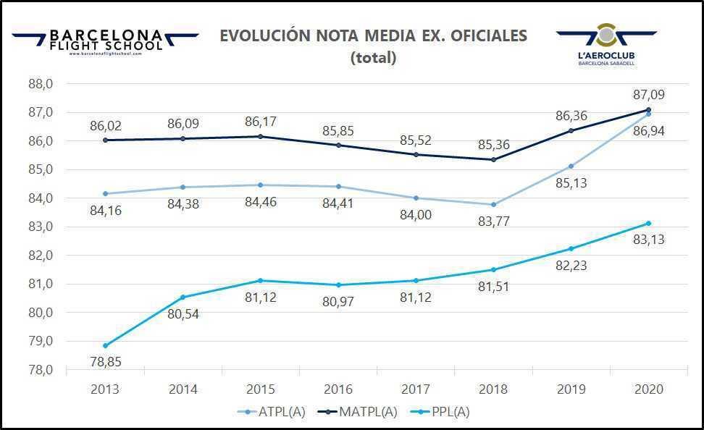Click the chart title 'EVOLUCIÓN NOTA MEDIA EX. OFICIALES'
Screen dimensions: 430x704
(x=374, y=36)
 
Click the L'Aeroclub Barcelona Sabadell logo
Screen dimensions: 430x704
(x=606, y=45)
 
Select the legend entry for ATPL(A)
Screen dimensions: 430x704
(x=272, y=412)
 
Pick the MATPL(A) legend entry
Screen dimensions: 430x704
(x=361, y=412)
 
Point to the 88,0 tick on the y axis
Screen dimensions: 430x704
(x=41, y=84)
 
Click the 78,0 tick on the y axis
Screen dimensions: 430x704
(x=41, y=370)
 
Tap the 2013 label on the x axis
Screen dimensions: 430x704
(x=105, y=389)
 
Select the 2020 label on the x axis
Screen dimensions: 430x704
(x=648, y=389)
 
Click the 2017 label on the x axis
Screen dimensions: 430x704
(x=416, y=389)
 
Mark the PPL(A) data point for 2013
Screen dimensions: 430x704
(x=105, y=345)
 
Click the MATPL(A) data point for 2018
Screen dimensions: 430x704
(x=493, y=159)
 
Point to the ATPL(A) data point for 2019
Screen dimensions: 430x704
(x=571, y=166)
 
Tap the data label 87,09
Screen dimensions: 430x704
(x=648, y=95)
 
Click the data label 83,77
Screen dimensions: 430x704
(x=493, y=221)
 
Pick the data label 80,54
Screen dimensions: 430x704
(x=183, y=314)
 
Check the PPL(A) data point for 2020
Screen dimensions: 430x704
(x=648, y=223)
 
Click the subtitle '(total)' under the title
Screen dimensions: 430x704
(x=374, y=59)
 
